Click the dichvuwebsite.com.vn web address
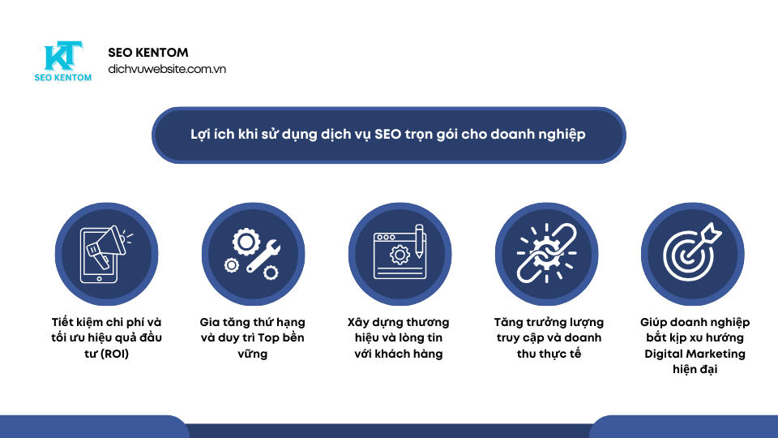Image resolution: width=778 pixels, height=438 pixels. (167, 70)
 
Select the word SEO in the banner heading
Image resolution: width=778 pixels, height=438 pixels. (388, 134)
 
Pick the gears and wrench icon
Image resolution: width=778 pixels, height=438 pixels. (252, 254)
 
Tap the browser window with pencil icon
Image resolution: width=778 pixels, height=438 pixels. (399, 254)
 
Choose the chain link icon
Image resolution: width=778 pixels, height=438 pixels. (546, 254)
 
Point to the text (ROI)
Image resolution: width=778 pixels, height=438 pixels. (113, 354)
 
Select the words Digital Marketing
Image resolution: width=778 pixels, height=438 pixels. (695, 354)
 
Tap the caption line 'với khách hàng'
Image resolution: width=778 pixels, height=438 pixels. (399, 354)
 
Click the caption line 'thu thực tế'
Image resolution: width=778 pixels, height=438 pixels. (549, 354)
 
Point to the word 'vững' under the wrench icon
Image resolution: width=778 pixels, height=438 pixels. (252, 354)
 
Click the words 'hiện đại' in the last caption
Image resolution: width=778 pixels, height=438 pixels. (695, 369)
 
